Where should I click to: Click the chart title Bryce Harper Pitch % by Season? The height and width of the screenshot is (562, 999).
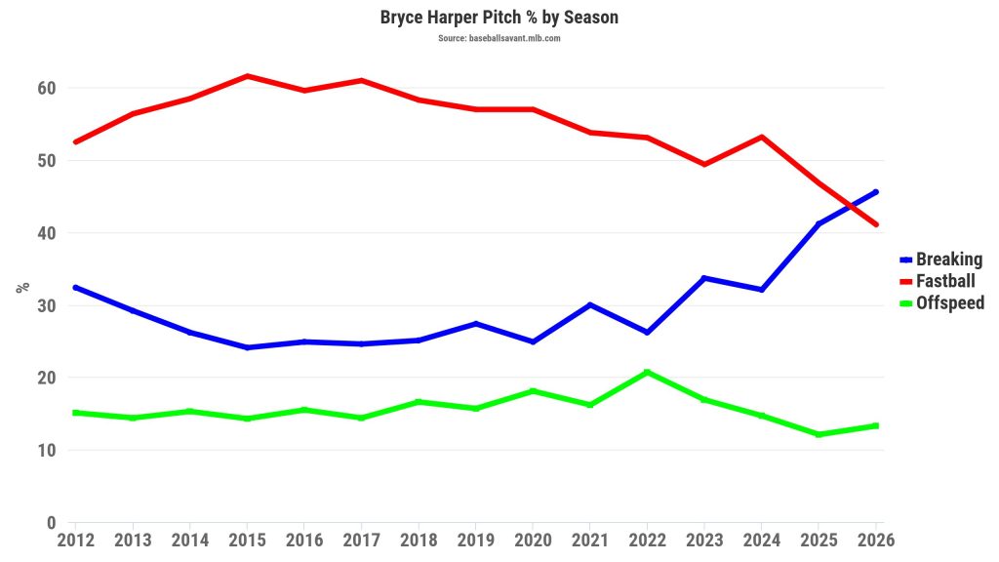point(499,18)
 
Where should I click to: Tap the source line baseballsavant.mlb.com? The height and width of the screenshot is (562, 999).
point(499,38)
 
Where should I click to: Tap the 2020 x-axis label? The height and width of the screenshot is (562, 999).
point(533,540)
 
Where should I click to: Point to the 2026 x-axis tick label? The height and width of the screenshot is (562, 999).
point(874,540)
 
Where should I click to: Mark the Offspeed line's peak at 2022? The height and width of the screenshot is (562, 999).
point(647,372)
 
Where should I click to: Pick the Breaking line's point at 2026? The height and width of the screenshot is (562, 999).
point(876,191)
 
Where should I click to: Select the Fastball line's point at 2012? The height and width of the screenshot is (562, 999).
point(75,142)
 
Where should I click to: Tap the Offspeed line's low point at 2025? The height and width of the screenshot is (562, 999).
point(819,434)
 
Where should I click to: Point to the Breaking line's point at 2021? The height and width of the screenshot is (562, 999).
point(590,304)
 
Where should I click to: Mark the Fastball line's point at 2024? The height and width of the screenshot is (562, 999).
point(762,137)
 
